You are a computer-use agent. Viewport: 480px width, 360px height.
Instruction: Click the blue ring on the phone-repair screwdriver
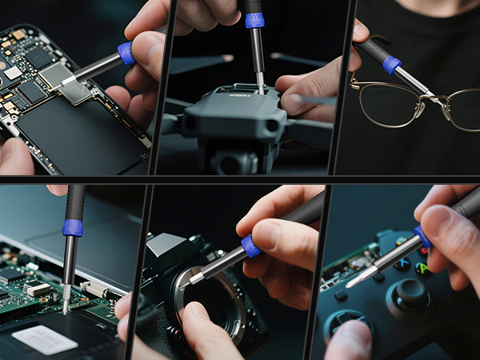(x=126, y=54)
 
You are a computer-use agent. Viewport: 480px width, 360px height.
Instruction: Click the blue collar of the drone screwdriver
(x=254, y=20)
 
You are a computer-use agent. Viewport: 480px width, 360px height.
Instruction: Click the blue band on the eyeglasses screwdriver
(x=391, y=65)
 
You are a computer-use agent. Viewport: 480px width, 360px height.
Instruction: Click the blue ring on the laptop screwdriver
(x=73, y=228)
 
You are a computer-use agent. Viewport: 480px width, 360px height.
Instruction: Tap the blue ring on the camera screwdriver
(x=251, y=246)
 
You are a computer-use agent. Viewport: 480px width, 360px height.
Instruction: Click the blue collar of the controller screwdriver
(x=422, y=237)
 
